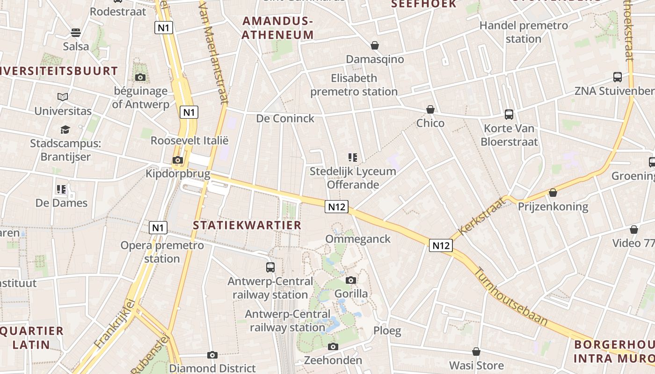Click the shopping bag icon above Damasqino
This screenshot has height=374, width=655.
374,45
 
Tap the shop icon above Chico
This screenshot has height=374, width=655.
430,109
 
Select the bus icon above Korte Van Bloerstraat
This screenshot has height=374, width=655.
509,114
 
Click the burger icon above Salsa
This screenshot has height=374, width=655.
76,32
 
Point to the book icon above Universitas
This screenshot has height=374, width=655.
63,97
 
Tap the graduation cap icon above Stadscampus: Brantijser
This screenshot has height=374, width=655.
65,129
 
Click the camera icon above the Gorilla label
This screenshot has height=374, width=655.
351,280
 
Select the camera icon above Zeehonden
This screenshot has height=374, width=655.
333,346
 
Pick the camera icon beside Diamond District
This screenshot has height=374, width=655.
212,355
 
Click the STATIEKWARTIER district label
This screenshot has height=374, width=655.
247,225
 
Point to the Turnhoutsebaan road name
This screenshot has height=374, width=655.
511,296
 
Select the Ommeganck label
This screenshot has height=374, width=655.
358,239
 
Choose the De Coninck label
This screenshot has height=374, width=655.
285,118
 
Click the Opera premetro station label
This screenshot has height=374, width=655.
162,252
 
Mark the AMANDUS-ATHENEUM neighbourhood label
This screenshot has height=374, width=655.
278,28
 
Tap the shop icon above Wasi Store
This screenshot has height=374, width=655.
476,352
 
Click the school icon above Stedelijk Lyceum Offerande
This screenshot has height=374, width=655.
353,158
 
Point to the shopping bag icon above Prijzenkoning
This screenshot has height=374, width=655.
553,193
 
